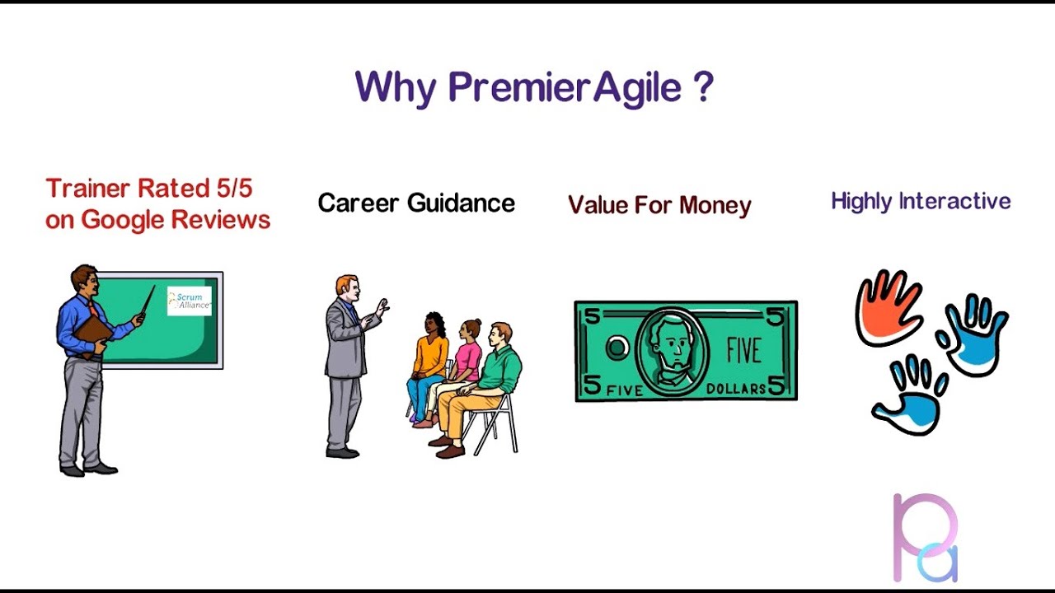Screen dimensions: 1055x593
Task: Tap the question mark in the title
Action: pyautogui.click(x=704, y=86)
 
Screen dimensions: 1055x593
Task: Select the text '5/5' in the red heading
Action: pyautogui.click(x=235, y=189)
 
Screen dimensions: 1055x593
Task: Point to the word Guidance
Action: pyautogui.click(x=461, y=203)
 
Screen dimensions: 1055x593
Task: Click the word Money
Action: pyautogui.click(x=715, y=206)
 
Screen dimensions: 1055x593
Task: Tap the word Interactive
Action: pyautogui.click(x=955, y=202)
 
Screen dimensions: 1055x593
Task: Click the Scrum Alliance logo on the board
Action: pyautogui.click(x=190, y=301)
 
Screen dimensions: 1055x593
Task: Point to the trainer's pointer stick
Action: pyautogui.click(x=148, y=300)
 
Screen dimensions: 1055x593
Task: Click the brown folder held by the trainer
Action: pyautogui.click(x=93, y=335)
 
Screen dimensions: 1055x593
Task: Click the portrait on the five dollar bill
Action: pyautogui.click(x=672, y=352)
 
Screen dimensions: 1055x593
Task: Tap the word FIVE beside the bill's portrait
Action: pyautogui.click(x=743, y=350)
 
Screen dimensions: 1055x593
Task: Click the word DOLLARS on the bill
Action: pyautogui.click(x=736, y=389)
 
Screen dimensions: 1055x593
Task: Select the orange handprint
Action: pyautogui.click(x=889, y=307)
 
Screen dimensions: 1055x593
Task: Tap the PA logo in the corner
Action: pyautogui.click(x=926, y=538)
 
